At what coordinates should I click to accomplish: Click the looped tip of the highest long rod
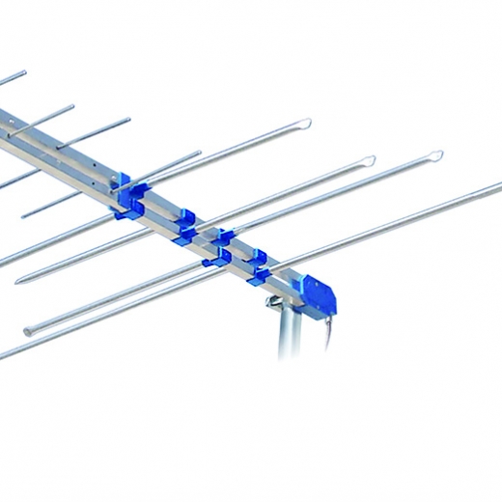tap(303, 124)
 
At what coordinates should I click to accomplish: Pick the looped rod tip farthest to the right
tap(434, 154)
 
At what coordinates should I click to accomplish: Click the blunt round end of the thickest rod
tap(27, 331)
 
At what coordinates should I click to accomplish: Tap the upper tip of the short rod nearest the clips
tap(199, 152)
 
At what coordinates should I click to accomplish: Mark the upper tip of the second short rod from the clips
tap(128, 120)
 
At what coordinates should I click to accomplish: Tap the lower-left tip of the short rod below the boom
tap(23, 213)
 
